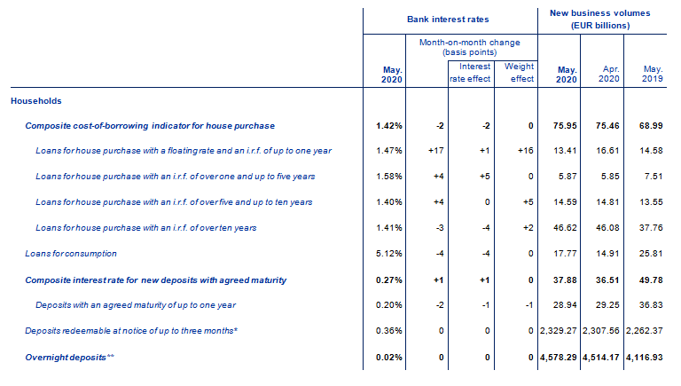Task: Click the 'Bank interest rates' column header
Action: click(448, 20)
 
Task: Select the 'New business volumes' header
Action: click(599, 13)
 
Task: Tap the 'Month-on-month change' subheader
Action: click(469, 43)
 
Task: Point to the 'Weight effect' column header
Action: click(519, 73)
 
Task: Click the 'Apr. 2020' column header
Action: click(609, 74)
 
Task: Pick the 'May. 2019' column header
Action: click(653, 74)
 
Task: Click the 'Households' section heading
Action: click(36, 101)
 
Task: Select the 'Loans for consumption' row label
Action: click(71, 254)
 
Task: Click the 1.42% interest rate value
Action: click(389, 126)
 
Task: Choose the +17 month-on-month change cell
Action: click(436, 151)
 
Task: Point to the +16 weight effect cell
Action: click(526, 151)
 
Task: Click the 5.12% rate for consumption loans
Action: click(389, 254)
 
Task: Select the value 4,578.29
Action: click(558, 358)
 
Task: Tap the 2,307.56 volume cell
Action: click(601, 331)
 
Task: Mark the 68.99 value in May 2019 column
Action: click(651, 126)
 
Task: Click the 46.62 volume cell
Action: click(565, 228)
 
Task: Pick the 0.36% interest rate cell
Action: click(389, 331)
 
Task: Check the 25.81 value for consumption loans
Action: click(651, 254)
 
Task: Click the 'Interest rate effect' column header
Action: click(470, 73)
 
